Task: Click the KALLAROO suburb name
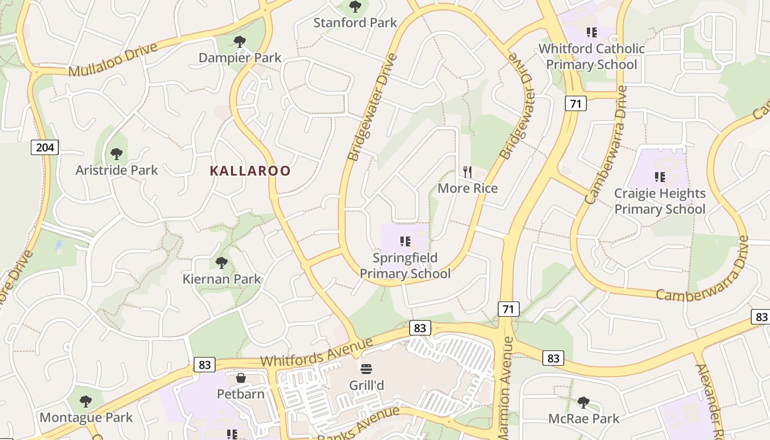[250, 171]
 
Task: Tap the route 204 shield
[44, 147]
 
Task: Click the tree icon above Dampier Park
[239, 41]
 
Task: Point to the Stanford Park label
[355, 23]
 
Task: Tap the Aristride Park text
[117, 170]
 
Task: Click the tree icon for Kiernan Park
[222, 262]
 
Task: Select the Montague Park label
[86, 417]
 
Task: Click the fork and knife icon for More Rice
[468, 172]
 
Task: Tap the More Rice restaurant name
[468, 188]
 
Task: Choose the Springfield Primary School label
[405, 266]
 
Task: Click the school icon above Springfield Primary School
[405, 241]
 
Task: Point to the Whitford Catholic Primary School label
[591, 56]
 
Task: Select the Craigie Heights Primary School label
[660, 201]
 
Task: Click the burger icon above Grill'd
[366, 368]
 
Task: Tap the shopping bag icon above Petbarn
[240, 378]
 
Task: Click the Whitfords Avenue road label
[316, 353]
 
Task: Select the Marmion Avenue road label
[507, 380]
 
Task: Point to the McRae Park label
[584, 419]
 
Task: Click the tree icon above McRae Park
[584, 402]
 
